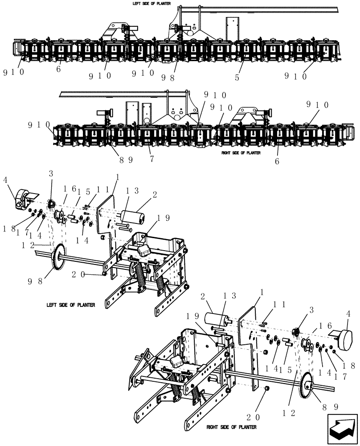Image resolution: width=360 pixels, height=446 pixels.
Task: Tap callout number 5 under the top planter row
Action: (237, 77)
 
